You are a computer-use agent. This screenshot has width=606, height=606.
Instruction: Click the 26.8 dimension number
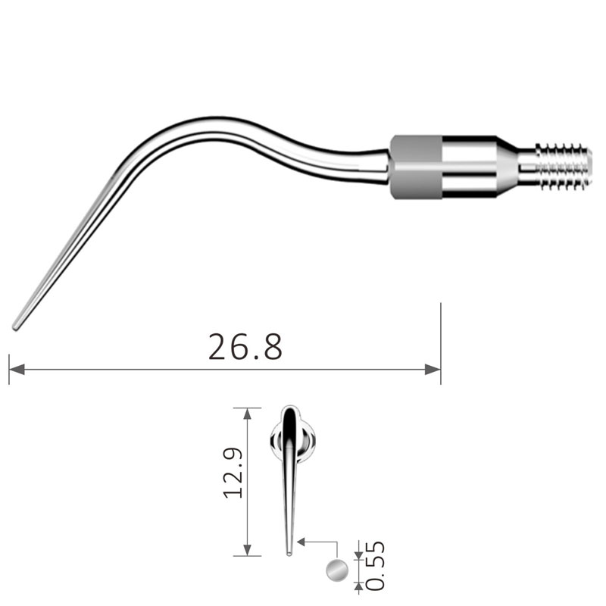click(245, 347)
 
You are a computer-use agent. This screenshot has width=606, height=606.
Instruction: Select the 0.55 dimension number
click(375, 566)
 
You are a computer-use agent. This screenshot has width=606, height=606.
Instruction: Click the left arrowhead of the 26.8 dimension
click(17, 370)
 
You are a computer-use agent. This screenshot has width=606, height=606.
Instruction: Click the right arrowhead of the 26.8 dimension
click(433, 370)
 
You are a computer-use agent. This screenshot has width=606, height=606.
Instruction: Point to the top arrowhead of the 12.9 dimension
click(248, 414)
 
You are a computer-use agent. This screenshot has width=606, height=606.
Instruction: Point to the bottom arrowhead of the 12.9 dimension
click(248, 550)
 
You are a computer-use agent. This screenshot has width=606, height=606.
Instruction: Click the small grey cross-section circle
click(337, 570)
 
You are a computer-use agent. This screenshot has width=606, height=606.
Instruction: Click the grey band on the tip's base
click(416, 167)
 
